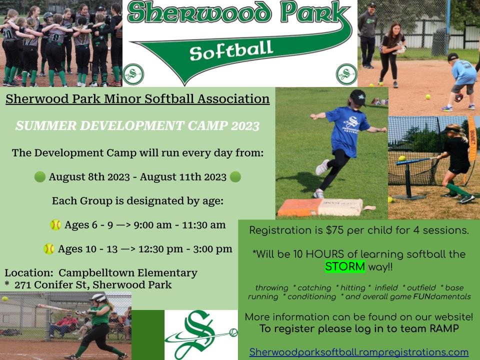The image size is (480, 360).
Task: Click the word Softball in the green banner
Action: [x=231, y=51]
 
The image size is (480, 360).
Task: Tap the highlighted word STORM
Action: [x=345, y=266]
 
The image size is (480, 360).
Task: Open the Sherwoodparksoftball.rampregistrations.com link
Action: [x=359, y=352]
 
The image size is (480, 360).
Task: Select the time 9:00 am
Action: [x=152, y=225]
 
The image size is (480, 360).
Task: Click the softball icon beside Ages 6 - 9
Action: [x=55, y=225]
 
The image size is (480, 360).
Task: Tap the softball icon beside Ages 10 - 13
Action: [x=49, y=249]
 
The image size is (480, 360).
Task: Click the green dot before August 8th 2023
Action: [x=40, y=176]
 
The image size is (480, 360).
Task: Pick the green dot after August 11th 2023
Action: [x=235, y=176]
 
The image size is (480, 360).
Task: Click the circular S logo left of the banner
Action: [x=133, y=74]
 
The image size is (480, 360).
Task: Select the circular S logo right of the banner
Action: [x=346, y=74]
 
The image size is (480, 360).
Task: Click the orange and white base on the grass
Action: [x=320, y=207]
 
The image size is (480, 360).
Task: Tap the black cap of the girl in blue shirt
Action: [x=358, y=97]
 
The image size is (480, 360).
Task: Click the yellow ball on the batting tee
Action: [x=402, y=158]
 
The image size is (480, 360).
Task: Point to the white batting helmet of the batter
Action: [x=98, y=298]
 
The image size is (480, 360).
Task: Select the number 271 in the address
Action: [x=23, y=285]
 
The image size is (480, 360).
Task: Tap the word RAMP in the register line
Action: [x=444, y=328]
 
